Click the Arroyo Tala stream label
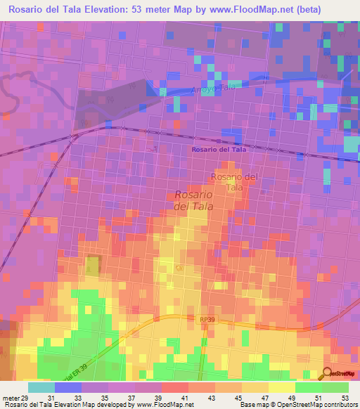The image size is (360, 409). tap(211, 90)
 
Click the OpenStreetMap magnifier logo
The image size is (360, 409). tap(340, 374)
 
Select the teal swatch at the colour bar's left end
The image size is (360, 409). tap(41, 387)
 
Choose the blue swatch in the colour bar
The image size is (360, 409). tap(67, 387)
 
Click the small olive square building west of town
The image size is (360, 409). tap(92, 266)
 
